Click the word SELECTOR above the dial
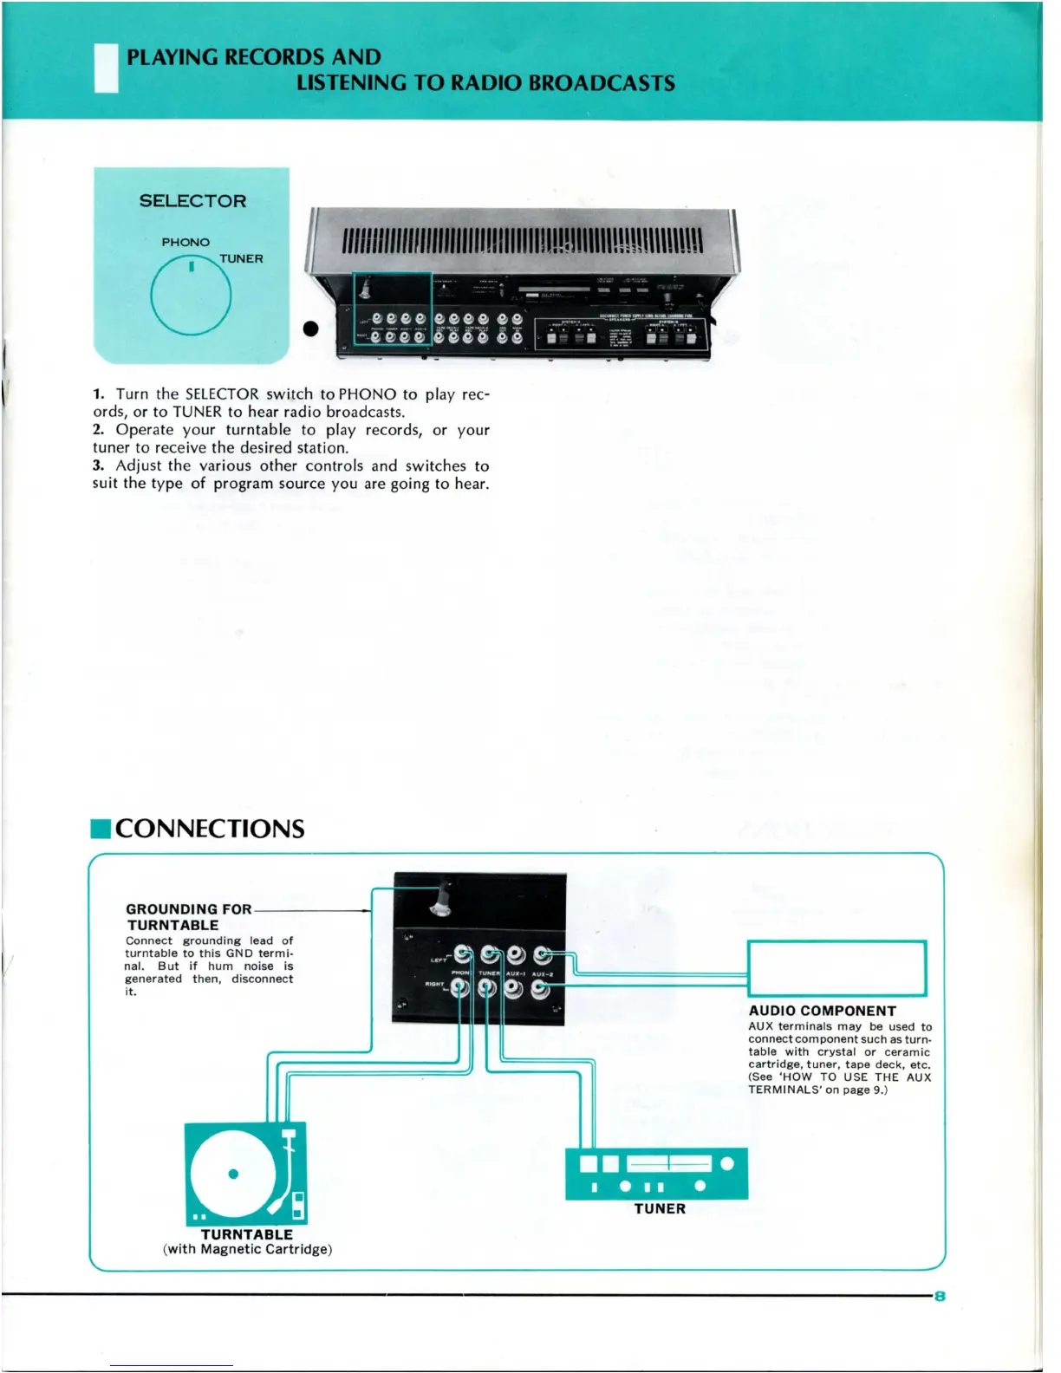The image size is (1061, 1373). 192,201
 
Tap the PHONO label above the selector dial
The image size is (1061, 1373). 186,242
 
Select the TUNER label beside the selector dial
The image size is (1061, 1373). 241,258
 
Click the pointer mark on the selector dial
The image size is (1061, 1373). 191,267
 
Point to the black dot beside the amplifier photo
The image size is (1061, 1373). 310,329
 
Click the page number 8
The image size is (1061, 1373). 939,1296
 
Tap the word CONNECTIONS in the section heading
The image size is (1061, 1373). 210,829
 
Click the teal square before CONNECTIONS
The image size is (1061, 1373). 101,829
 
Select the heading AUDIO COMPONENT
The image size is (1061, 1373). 822,1011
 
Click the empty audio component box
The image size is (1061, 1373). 836,968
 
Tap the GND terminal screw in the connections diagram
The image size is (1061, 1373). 442,901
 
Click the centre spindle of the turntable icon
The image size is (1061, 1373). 232,1175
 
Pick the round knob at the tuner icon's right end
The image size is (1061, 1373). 727,1163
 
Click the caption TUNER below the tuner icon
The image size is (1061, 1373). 660,1208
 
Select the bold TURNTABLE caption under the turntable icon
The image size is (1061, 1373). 247,1234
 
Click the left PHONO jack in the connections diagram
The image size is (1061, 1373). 462,955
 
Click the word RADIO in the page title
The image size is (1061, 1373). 488,83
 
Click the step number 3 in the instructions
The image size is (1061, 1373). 98,465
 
